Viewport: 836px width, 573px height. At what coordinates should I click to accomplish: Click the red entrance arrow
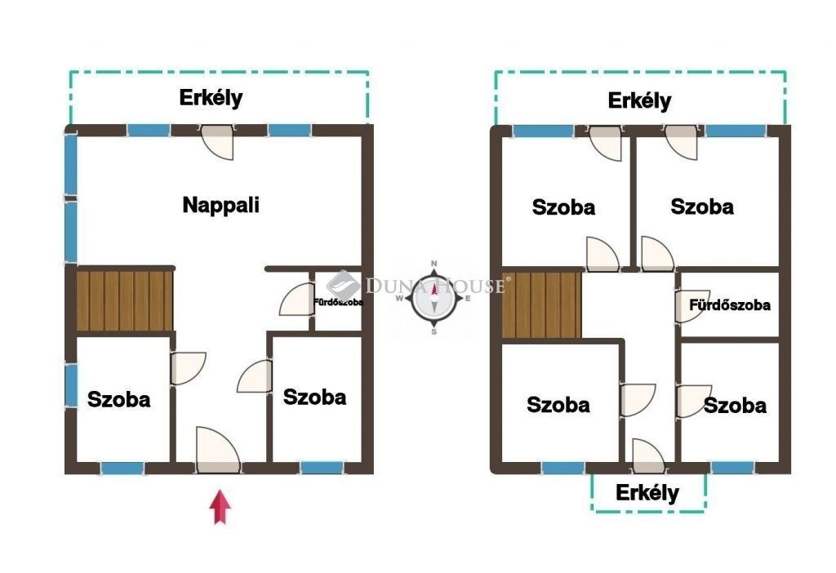coord(220,508)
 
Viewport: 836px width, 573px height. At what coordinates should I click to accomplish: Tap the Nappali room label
coord(220,205)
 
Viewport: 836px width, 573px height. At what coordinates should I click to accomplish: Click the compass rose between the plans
coord(434,297)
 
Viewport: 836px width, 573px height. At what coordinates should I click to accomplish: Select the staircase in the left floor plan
coord(125,301)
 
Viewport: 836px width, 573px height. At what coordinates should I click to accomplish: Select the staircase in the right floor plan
coord(541,305)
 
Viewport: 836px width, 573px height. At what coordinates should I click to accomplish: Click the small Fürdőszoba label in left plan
coord(339,302)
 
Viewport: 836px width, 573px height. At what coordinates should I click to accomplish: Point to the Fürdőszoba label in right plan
coord(729,305)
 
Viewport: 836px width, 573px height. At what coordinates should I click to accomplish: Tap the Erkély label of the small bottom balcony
coord(647,493)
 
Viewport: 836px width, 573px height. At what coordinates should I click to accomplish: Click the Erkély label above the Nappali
coord(211,98)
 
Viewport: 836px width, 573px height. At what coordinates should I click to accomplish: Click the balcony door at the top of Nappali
coord(217,142)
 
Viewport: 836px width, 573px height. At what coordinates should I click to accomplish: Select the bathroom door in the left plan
coord(296,300)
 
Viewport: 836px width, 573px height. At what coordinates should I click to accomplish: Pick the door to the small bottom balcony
coord(648,455)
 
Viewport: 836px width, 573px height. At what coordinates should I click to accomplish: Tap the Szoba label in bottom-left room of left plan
coord(119,399)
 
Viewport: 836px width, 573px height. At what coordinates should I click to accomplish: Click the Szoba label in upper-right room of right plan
coord(701,207)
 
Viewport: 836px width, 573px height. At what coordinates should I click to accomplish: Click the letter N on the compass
coord(434,264)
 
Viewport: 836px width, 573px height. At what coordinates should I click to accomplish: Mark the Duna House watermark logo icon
coord(344,286)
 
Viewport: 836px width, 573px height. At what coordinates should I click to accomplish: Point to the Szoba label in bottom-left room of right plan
coord(558,405)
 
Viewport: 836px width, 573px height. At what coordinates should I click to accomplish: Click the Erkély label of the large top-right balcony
coord(639,100)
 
